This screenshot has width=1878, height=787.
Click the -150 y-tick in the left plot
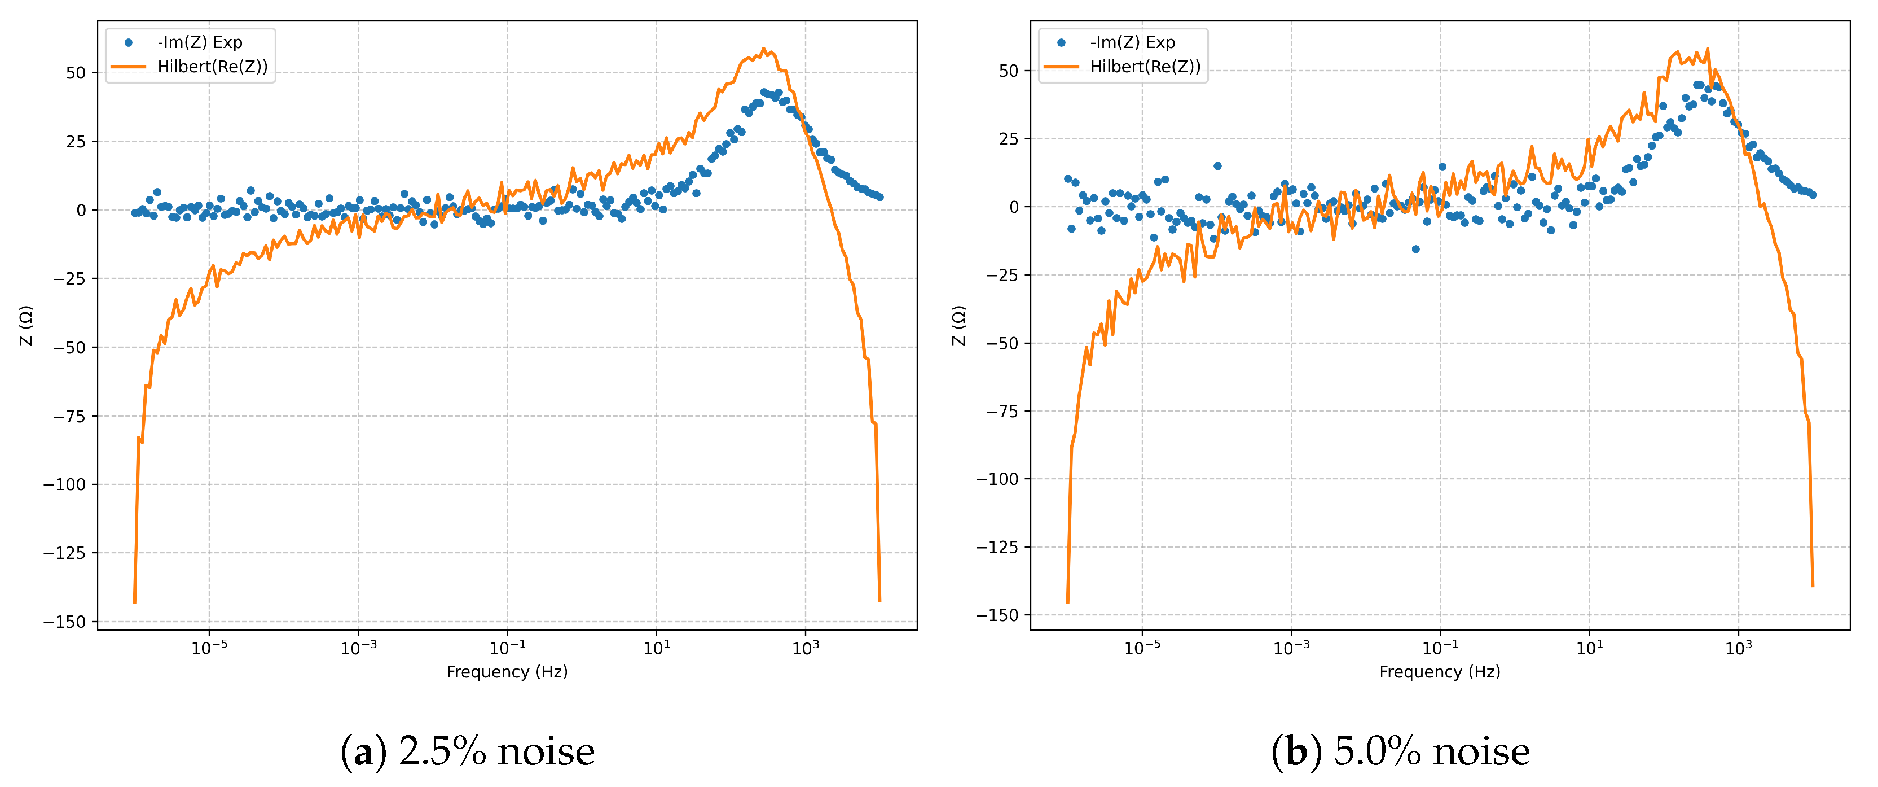point(64,622)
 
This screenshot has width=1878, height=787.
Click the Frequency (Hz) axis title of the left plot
point(507,672)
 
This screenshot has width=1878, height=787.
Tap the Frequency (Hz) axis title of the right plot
point(1440,672)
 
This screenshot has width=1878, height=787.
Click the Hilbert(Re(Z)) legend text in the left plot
point(212,67)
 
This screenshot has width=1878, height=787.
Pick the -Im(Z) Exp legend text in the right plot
point(1132,42)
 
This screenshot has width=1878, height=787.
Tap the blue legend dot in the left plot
point(128,42)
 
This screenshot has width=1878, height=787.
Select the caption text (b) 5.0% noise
point(1401,752)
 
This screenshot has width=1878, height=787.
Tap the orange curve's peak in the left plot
point(764,49)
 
